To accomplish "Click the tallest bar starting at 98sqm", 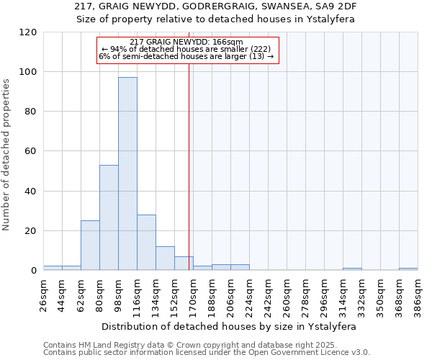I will pyautogui.click(x=127, y=174).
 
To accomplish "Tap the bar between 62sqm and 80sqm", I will pyautogui.click(x=90, y=246).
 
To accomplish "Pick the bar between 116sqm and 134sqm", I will pyautogui.click(x=146, y=243).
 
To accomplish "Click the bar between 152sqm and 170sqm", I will pyautogui.click(x=184, y=264).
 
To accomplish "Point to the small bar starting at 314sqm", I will pyautogui.click(x=352, y=269).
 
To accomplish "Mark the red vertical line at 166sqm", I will pyautogui.click(x=189, y=158).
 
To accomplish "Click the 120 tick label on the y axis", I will pyautogui.click(x=28, y=32).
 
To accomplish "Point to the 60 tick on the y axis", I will pyautogui.click(x=31, y=151).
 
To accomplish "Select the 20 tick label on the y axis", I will pyautogui.click(x=31, y=231).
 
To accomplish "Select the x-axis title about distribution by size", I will pyautogui.click(x=230, y=326).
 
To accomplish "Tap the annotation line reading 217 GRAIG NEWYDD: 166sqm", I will pyautogui.click(x=187, y=42).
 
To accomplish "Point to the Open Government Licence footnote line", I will pyautogui.click(x=207, y=353).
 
